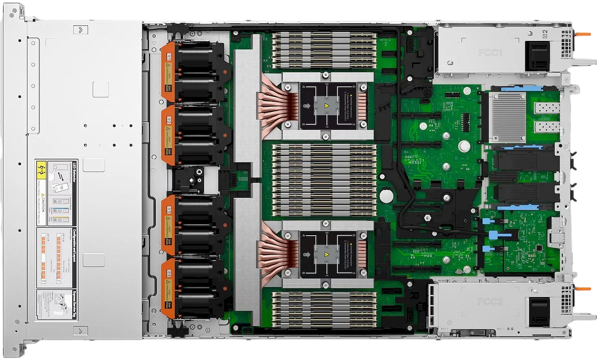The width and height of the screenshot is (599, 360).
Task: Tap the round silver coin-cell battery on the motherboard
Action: (387, 195)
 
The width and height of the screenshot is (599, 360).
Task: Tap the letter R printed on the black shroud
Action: (414, 295)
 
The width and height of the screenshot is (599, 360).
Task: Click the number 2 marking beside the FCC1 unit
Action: (545, 33)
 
